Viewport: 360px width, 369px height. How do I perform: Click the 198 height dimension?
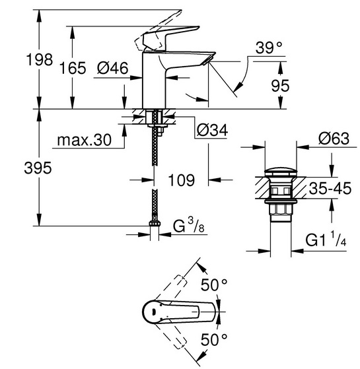pos(40,59)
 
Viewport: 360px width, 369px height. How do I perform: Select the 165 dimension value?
pos(73,68)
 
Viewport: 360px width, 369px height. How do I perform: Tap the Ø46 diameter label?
pos(113,68)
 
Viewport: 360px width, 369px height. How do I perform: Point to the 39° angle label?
pos(269,48)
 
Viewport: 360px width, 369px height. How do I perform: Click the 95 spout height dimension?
pos(280,85)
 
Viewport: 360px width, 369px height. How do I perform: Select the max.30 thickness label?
pos(84,140)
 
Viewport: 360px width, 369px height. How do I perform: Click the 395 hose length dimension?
pos(38,168)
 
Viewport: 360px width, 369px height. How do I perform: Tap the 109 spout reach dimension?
pos(181,180)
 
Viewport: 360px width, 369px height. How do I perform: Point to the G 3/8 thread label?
pos(189,226)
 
